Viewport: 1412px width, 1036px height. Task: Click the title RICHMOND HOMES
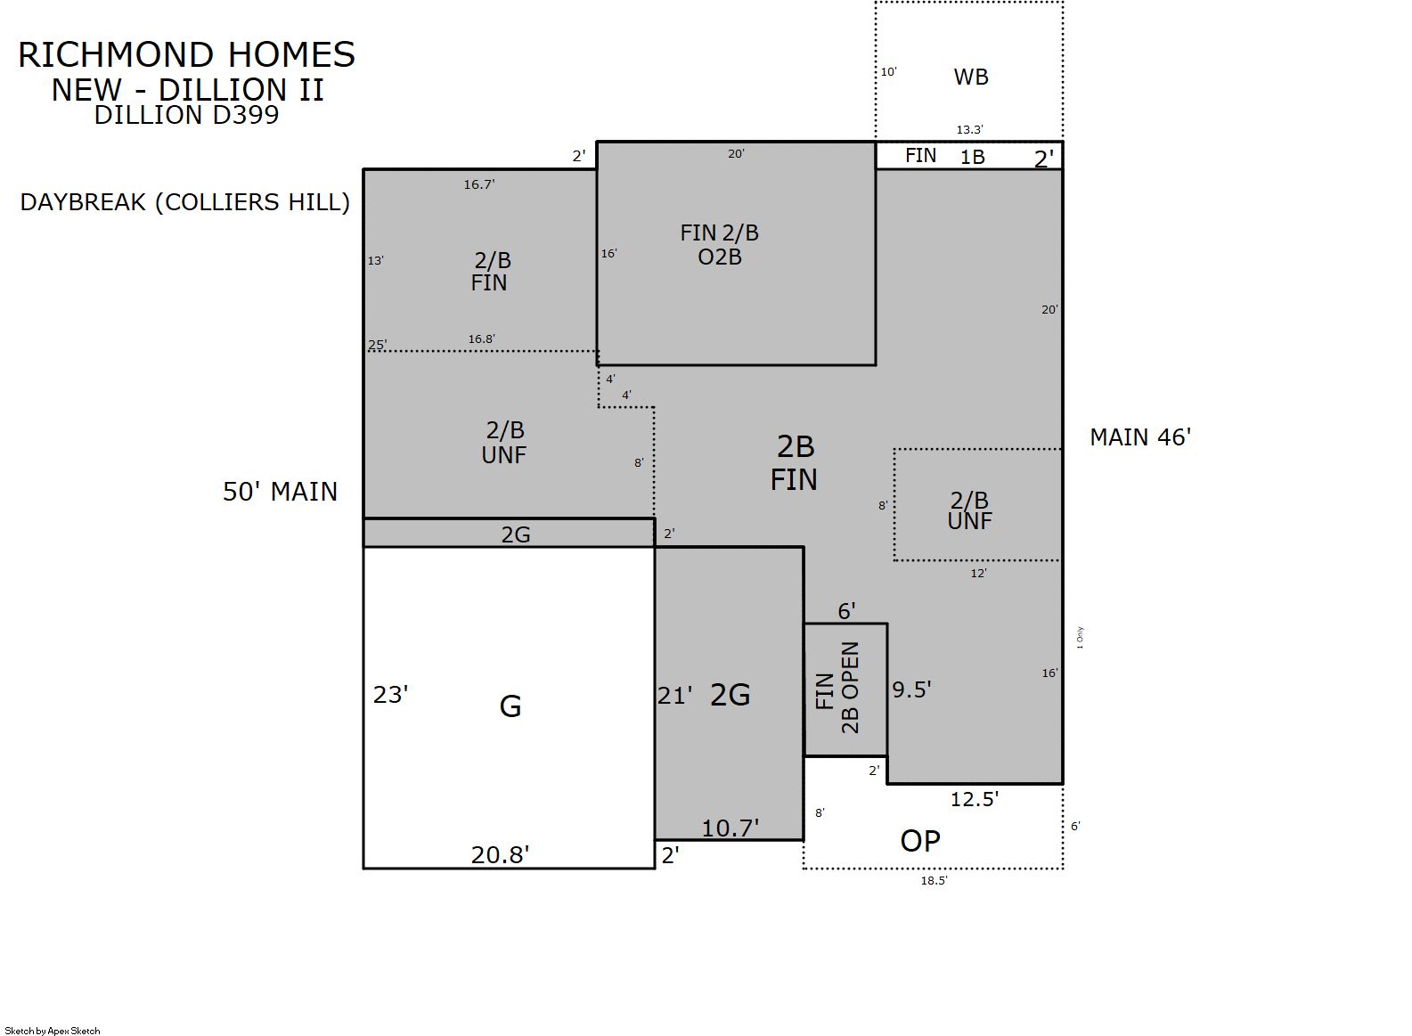tap(186, 55)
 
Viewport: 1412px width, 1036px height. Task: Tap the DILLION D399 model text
tap(186, 115)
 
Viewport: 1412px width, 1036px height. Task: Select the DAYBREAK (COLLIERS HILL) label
tap(184, 202)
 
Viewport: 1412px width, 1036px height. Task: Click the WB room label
tap(971, 77)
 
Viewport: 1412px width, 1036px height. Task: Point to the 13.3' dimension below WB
tap(969, 130)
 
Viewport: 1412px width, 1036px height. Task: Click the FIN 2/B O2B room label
tap(719, 245)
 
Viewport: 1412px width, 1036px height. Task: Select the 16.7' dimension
tap(479, 184)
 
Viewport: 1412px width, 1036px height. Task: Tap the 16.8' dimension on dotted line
tap(481, 339)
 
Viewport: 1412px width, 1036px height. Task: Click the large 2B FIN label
tap(795, 463)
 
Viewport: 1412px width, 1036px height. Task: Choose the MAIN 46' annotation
tap(1140, 437)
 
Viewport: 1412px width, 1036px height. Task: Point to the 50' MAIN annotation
tap(280, 492)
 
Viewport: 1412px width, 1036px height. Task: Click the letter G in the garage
tap(510, 706)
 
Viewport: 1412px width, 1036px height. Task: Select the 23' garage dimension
tap(391, 695)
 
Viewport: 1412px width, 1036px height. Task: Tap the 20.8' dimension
tap(500, 855)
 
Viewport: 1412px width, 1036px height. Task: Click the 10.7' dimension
tap(730, 828)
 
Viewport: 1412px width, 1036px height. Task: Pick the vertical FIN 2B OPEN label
tap(837, 689)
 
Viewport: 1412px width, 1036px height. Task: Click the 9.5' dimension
tap(911, 689)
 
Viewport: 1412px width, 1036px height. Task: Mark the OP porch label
tap(920, 841)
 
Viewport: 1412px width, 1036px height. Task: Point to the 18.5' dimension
tap(935, 880)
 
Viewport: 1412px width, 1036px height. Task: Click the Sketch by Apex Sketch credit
tap(53, 1031)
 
